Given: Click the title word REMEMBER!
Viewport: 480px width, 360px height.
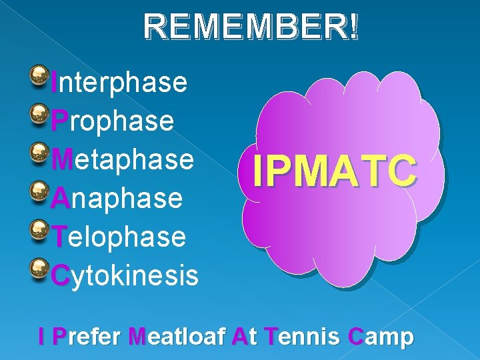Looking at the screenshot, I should coord(251,28).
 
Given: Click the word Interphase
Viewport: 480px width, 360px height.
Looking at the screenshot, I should coord(119,83).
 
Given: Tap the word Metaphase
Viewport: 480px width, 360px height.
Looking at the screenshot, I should coord(123,160).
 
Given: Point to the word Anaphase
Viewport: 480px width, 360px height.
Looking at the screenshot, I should coord(117,198).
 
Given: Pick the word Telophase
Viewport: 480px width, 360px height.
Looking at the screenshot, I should coord(119,236).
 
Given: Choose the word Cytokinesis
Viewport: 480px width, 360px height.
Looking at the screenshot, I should coord(125,275).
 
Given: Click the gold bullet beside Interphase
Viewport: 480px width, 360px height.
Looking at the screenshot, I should coord(39,71).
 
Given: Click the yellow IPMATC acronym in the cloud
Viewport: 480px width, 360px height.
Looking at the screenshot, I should coord(335,171).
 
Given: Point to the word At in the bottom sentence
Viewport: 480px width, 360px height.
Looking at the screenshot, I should coord(243,337).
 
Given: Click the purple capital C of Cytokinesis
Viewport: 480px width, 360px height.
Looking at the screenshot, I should coord(60,275).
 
